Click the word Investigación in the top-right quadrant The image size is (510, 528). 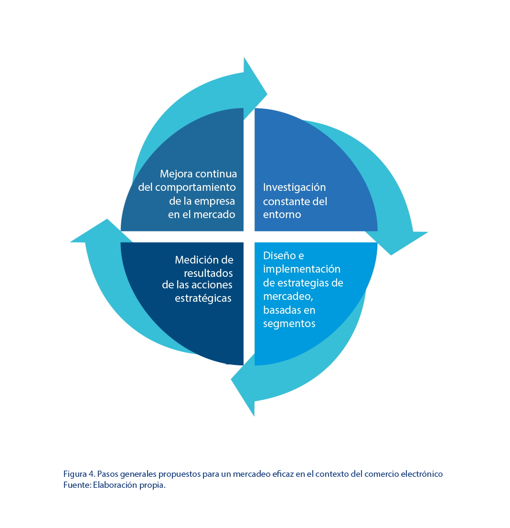pyautogui.click(x=294, y=187)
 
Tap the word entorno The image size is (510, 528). pyautogui.click(x=282, y=214)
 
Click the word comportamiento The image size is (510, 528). pyautogui.click(x=195, y=187)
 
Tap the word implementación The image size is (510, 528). pyautogui.click(x=301, y=269)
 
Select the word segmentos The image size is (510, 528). pyautogui.click(x=289, y=323)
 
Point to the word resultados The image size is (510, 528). pyautogui.click(x=209, y=273)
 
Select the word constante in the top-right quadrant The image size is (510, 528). pyautogui.click(x=284, y=201)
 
